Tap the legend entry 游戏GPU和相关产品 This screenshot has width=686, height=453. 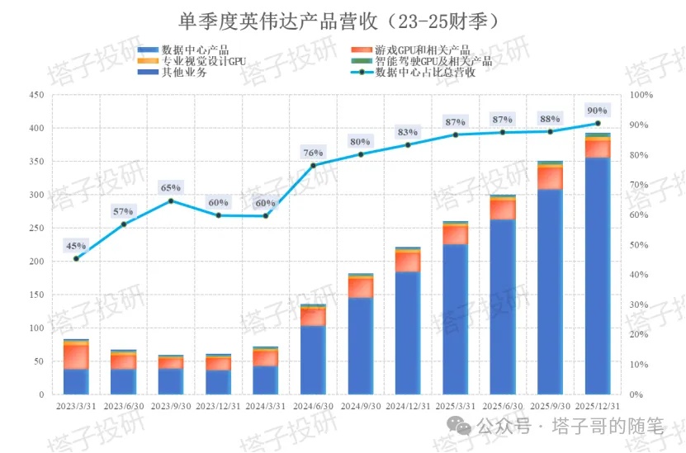coord(422,50)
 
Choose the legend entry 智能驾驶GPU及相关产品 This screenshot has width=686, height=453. coord(433,61)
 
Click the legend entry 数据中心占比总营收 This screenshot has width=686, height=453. coord(425,73)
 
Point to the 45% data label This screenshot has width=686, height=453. coord(76,246)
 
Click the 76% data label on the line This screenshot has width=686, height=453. coord(313,153)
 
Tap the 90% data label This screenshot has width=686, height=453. coord(597,111)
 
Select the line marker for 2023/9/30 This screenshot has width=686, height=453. coord(171,201)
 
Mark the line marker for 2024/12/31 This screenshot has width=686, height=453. coord(408,145)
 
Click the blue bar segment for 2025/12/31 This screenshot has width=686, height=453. coord(597,276)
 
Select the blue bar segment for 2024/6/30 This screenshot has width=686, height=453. coord(313,361)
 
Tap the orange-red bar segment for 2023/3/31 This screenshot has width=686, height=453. coord(76,356)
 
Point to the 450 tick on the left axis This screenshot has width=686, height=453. coord(36,96)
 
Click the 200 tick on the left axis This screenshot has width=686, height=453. coord(36,262)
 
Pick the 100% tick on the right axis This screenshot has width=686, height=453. coord(641,96)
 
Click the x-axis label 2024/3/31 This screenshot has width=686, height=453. coord(266,405)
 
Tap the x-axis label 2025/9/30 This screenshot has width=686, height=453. coord(550,405)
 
